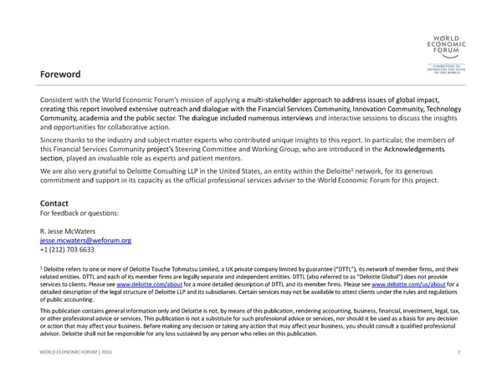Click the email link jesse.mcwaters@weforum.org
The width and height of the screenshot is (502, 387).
tap(85, 240)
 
